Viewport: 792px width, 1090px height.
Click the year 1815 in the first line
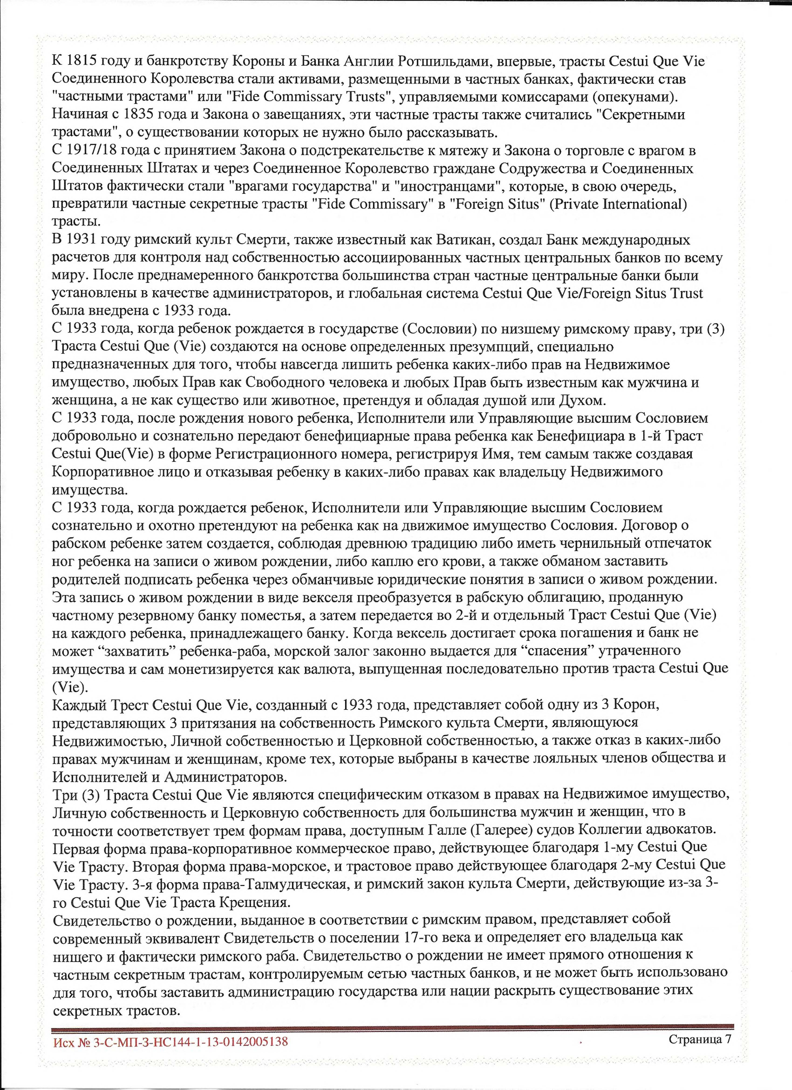pyautogui.click(x=78, y=62)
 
